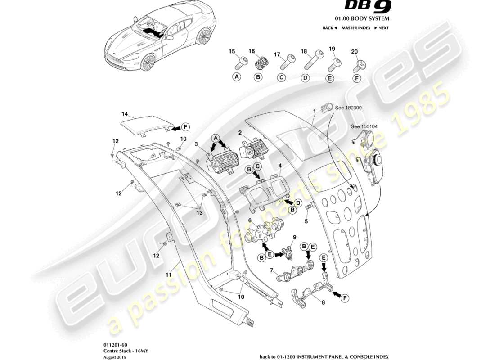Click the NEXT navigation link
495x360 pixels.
point(382,28)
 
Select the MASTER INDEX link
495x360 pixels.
point(355,28)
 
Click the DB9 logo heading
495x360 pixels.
point(369,8)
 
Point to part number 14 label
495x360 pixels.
point(125,114)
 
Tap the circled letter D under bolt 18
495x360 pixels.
point(305,77)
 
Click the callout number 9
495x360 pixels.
point(294,237)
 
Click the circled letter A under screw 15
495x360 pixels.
point(236,77)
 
